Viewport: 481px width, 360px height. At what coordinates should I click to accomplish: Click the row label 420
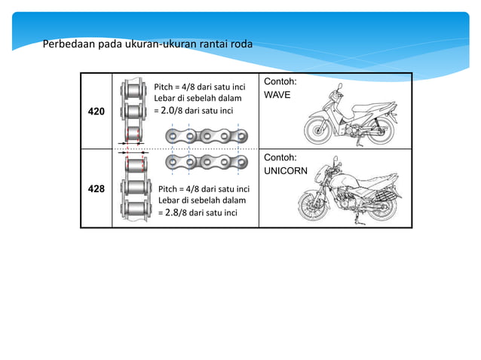pos(97,111)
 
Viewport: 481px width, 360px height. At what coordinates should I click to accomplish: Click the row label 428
pos(97,188)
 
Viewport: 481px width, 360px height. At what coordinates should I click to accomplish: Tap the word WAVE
pos(276,96)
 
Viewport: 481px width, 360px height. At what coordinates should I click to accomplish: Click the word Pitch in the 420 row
pos(164,86)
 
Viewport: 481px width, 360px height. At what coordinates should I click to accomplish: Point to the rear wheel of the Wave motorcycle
pos(381,128)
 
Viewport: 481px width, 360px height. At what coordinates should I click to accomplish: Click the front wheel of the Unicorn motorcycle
pos(311,204)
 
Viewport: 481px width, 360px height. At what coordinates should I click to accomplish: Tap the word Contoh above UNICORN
pos(280,157)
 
